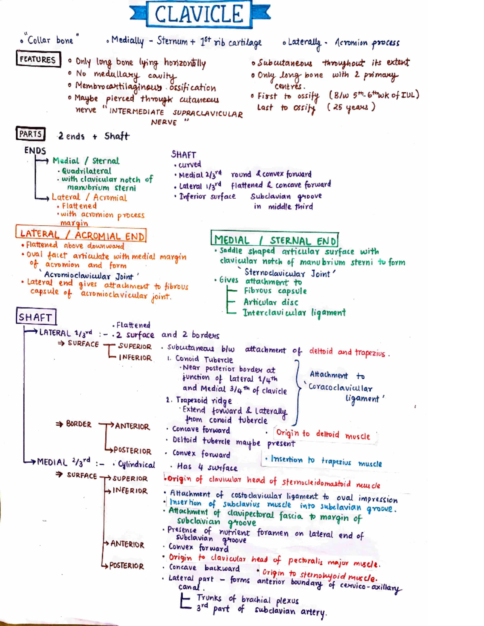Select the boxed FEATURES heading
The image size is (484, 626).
tap(38, 59)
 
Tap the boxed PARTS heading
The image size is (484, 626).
tap(31, 134)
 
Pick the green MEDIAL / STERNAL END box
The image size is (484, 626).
tap(275, 239)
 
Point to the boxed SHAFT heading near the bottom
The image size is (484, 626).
tap(36, 316)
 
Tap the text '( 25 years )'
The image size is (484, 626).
tap(351, 108)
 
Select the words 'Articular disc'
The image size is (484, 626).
tap(271, 302)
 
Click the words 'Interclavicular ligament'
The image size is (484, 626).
tap(294, 313)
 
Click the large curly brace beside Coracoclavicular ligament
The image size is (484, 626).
tap(297, 392)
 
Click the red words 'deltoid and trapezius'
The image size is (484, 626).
tap(347, 352)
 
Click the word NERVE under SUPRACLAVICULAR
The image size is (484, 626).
tap(164, 123)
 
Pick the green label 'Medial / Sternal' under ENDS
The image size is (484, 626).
tap(86, 161)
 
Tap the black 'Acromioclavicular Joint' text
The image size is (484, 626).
tap(88, 276)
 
